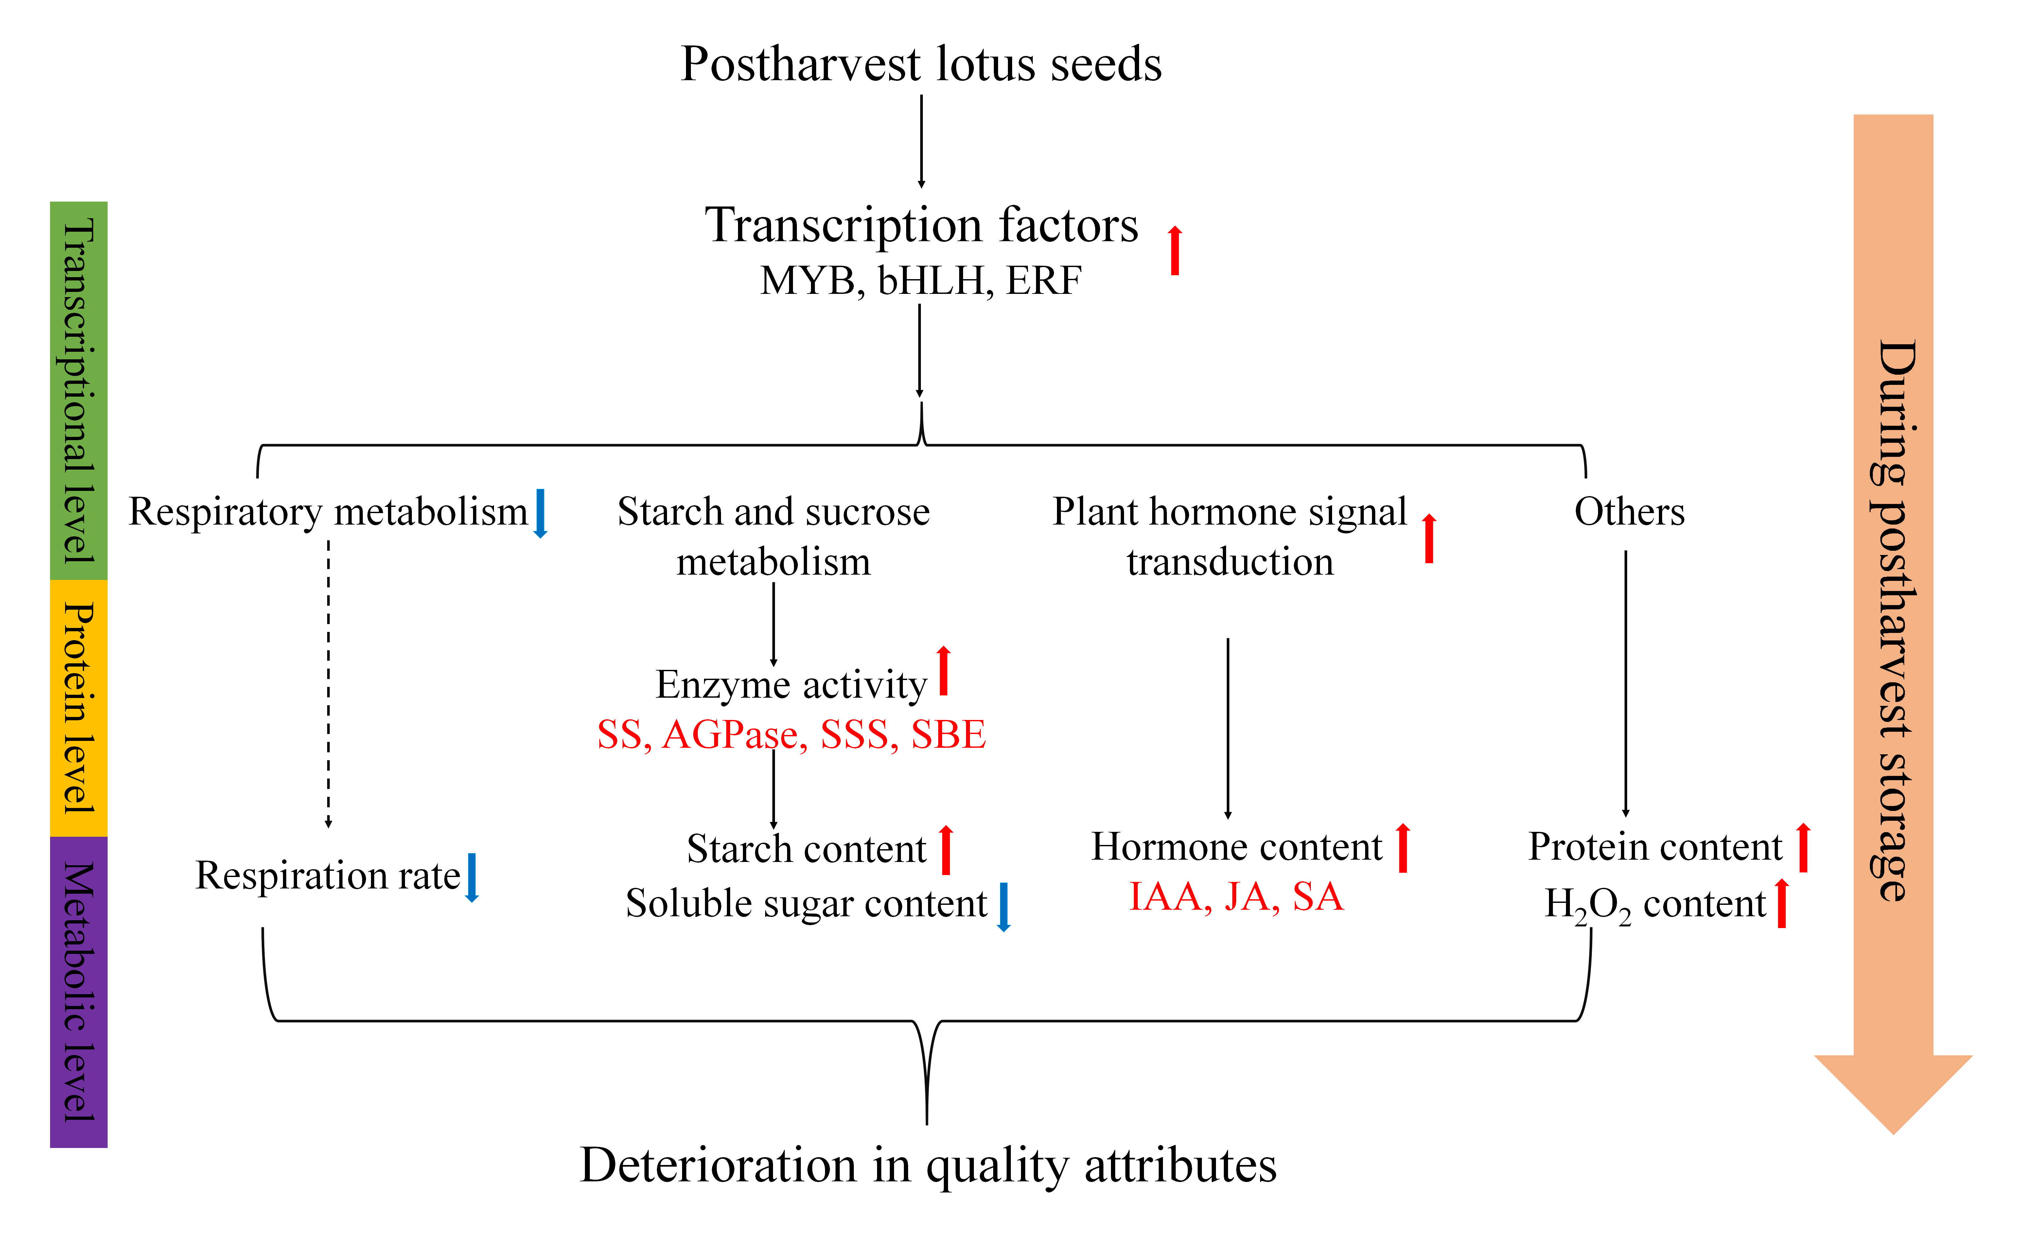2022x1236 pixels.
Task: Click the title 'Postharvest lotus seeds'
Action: (921, 64)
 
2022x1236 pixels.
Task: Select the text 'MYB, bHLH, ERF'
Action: (921, 281)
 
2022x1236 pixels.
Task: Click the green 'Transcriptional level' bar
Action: (79, 391)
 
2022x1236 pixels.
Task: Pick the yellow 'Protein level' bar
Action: (79, 708)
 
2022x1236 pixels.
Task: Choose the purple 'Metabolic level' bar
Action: (79, 992)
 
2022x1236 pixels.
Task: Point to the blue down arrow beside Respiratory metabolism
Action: (540, 513)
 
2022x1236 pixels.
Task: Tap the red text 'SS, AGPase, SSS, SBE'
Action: (791, 735)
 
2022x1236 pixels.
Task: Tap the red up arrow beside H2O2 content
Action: (1782, 903)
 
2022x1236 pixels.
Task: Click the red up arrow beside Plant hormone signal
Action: (1429, 538)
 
